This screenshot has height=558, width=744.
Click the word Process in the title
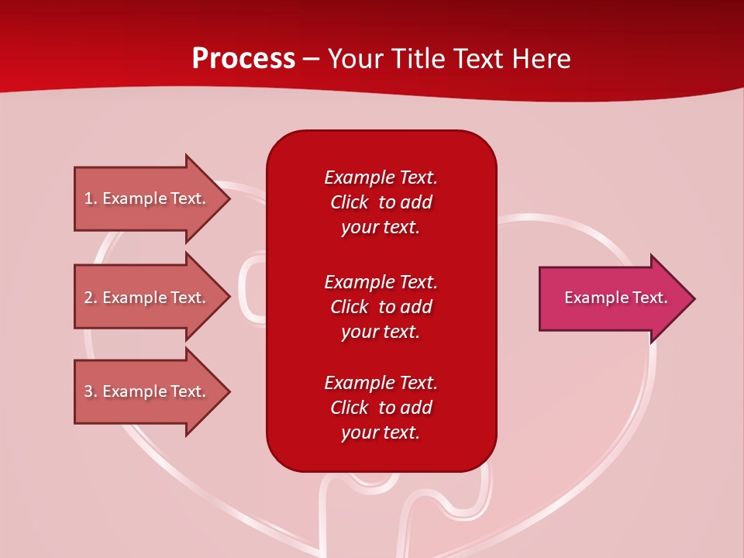[x=243, y=59]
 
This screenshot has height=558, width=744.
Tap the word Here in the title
[x=539, y=59]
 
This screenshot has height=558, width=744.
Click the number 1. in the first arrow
[x=91, y=198]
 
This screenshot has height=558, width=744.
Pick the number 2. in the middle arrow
[x=91, y=298]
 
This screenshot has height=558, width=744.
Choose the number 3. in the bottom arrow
[x=91, y=391]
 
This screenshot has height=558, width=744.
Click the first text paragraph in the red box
[x=381, y=202]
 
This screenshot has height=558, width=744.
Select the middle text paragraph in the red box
[x=381, y=306]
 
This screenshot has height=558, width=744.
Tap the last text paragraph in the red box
[x=381, y=408]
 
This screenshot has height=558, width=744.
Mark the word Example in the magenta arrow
[x=594, y=298]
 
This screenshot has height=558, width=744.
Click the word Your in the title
[x=355, y=59]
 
